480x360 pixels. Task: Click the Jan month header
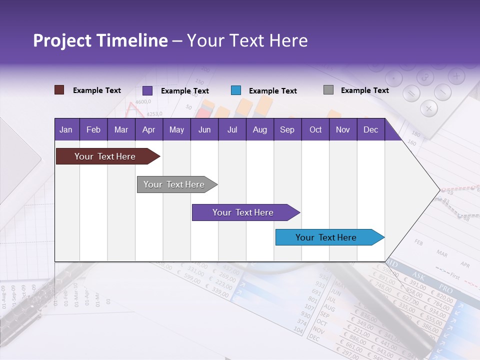pyautogui.click(x=66, y=130)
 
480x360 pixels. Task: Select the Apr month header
pyautogui.click(x=148, y=130)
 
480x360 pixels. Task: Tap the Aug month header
pyautogui.click(x=259, y=130)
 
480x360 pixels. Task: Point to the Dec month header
pyautogui.click(x=370, y=130)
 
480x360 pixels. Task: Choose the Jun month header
pyautogui.click(x=204, y=130)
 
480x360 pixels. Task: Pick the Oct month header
pyautogui.click(x=315, y=130)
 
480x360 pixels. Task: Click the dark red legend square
pyautogui.click(x=59, y=90)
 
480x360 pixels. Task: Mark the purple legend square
pyautogui.click(x=147, y=90)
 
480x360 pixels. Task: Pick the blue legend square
pyautogui.click(x=236, y=90)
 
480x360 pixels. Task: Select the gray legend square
pyautogui.click(x=328, y=90)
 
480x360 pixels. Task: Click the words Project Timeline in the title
pyautogui.click(x=100, y=40)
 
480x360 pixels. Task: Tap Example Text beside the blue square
pyautogui.click(x=272, y=91)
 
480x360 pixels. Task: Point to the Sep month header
pyautogui.click(x=287, y=130)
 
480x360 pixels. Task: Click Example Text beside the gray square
pyautogui.click(x=364, y=90)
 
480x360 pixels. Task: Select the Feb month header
pyautogui.click(x=93, y=130)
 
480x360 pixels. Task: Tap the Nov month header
pyautogui.click(x=343, y=130)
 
